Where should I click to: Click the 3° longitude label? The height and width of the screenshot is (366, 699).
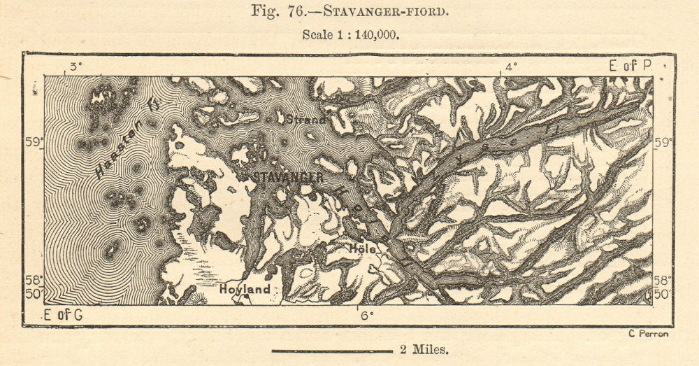coord(74,67)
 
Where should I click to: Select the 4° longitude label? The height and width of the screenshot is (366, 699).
coord(511,67)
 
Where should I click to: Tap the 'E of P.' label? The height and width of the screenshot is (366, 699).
coord(630,66)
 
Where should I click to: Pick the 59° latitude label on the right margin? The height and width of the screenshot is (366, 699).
coord(663,142)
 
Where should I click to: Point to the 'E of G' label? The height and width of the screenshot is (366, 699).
coord(63,315)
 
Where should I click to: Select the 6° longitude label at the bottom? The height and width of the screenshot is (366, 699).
coord(363,315)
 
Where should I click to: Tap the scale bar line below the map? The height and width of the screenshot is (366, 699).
coord(332,351)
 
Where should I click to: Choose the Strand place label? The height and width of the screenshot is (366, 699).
coord(305,119)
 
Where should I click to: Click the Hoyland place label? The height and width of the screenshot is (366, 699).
coord(245,288)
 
